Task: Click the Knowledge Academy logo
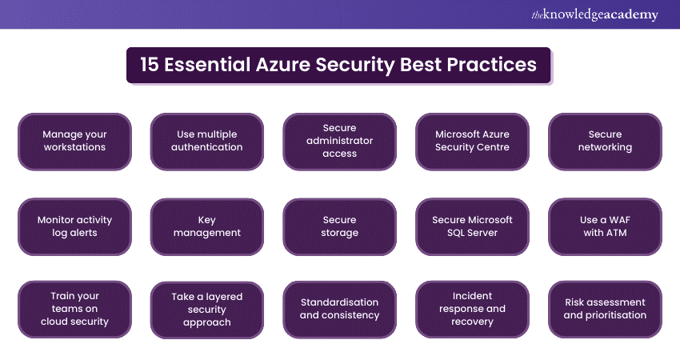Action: coord(594,14)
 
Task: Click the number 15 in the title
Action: coord(150,65)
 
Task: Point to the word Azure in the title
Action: coord(282,65)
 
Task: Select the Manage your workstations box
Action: coord(74,142)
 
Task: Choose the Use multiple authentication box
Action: coord(207,142)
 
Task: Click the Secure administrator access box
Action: coord(339,142)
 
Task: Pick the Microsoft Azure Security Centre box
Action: coord(472,142)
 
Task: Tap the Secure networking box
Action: coord(605,142)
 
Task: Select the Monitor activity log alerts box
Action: coord(74,226)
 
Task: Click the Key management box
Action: coord(207,226)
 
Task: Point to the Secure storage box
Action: coord(339,226)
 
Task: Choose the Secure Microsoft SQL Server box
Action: coord(472,226)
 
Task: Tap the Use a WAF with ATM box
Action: coord(605,226)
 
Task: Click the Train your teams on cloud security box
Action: coord(74,310)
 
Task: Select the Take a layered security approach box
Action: coord(207,310)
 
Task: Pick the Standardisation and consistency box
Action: coord(339,310)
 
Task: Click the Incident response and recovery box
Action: coord(472,310)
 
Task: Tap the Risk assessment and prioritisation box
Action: coord(605,310)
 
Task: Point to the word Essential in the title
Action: coord(207,65)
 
